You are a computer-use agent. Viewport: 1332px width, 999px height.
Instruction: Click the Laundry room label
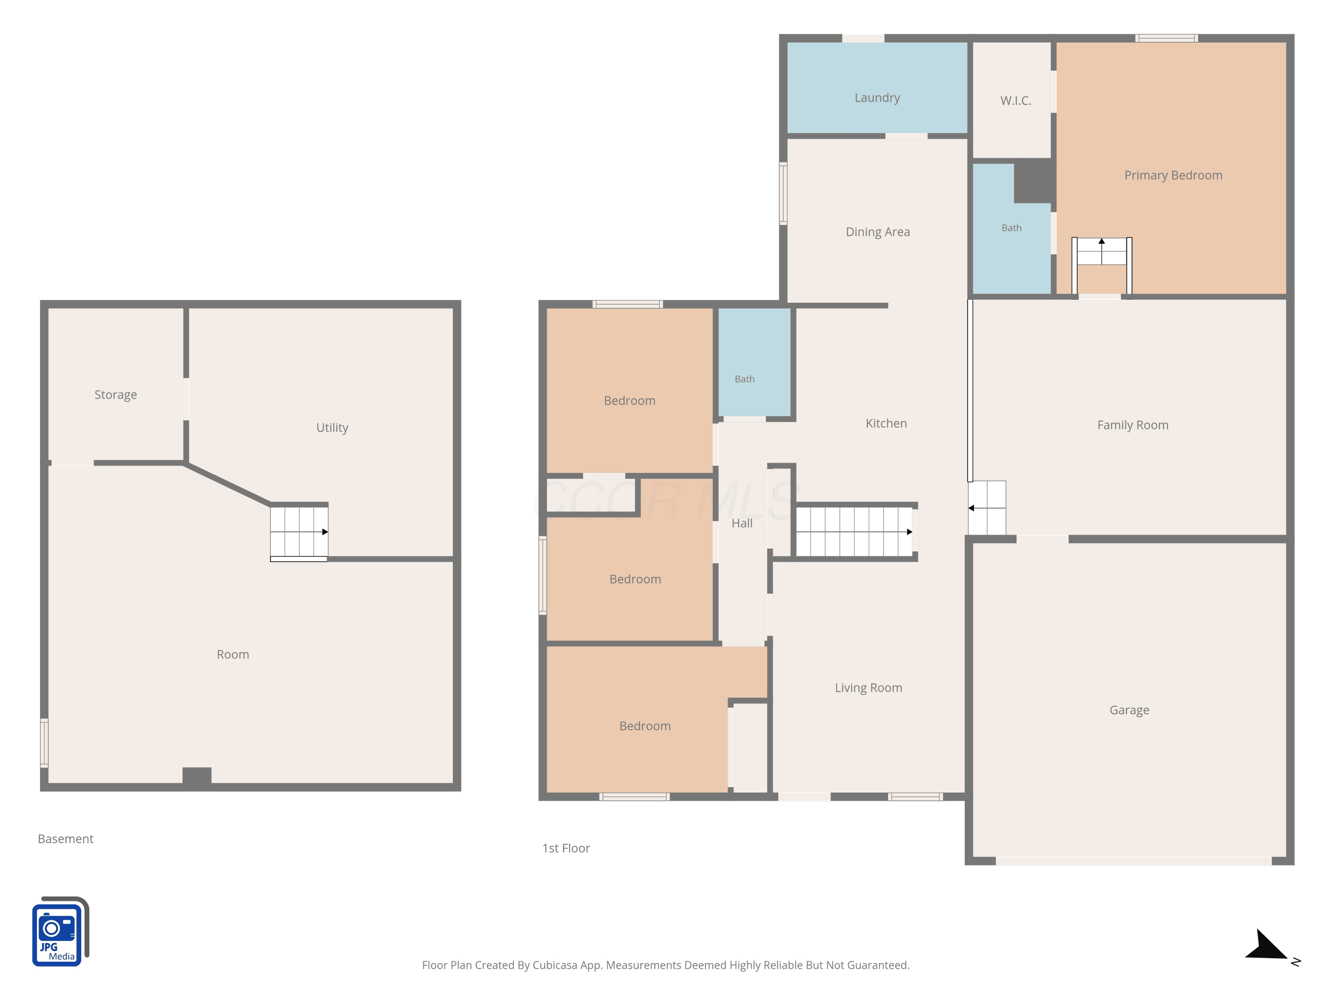coord(877,98)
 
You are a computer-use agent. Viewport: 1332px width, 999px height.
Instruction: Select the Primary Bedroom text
coord(1173,176)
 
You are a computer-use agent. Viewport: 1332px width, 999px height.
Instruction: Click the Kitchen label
coord(886,423)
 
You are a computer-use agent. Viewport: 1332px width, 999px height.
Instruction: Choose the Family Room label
coord(1133,425)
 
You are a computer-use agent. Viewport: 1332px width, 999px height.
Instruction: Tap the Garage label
coord(1129,710)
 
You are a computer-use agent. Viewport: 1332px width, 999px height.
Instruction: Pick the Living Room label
coord(868,688)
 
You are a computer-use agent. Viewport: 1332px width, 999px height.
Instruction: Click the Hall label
coord(742,523)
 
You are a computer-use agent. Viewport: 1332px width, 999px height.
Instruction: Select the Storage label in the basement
coord(115,395)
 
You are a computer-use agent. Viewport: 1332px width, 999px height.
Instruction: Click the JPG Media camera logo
coord(60,932)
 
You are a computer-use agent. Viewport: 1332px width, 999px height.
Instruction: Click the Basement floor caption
coord(66,839)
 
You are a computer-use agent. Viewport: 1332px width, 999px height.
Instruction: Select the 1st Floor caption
coord(566,848)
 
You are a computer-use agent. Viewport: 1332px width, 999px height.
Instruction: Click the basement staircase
coord(299,532)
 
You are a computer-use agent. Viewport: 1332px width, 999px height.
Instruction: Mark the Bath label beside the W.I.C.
coord(1011,228)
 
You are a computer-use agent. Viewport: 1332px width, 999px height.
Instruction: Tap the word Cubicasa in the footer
coord(557,965)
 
